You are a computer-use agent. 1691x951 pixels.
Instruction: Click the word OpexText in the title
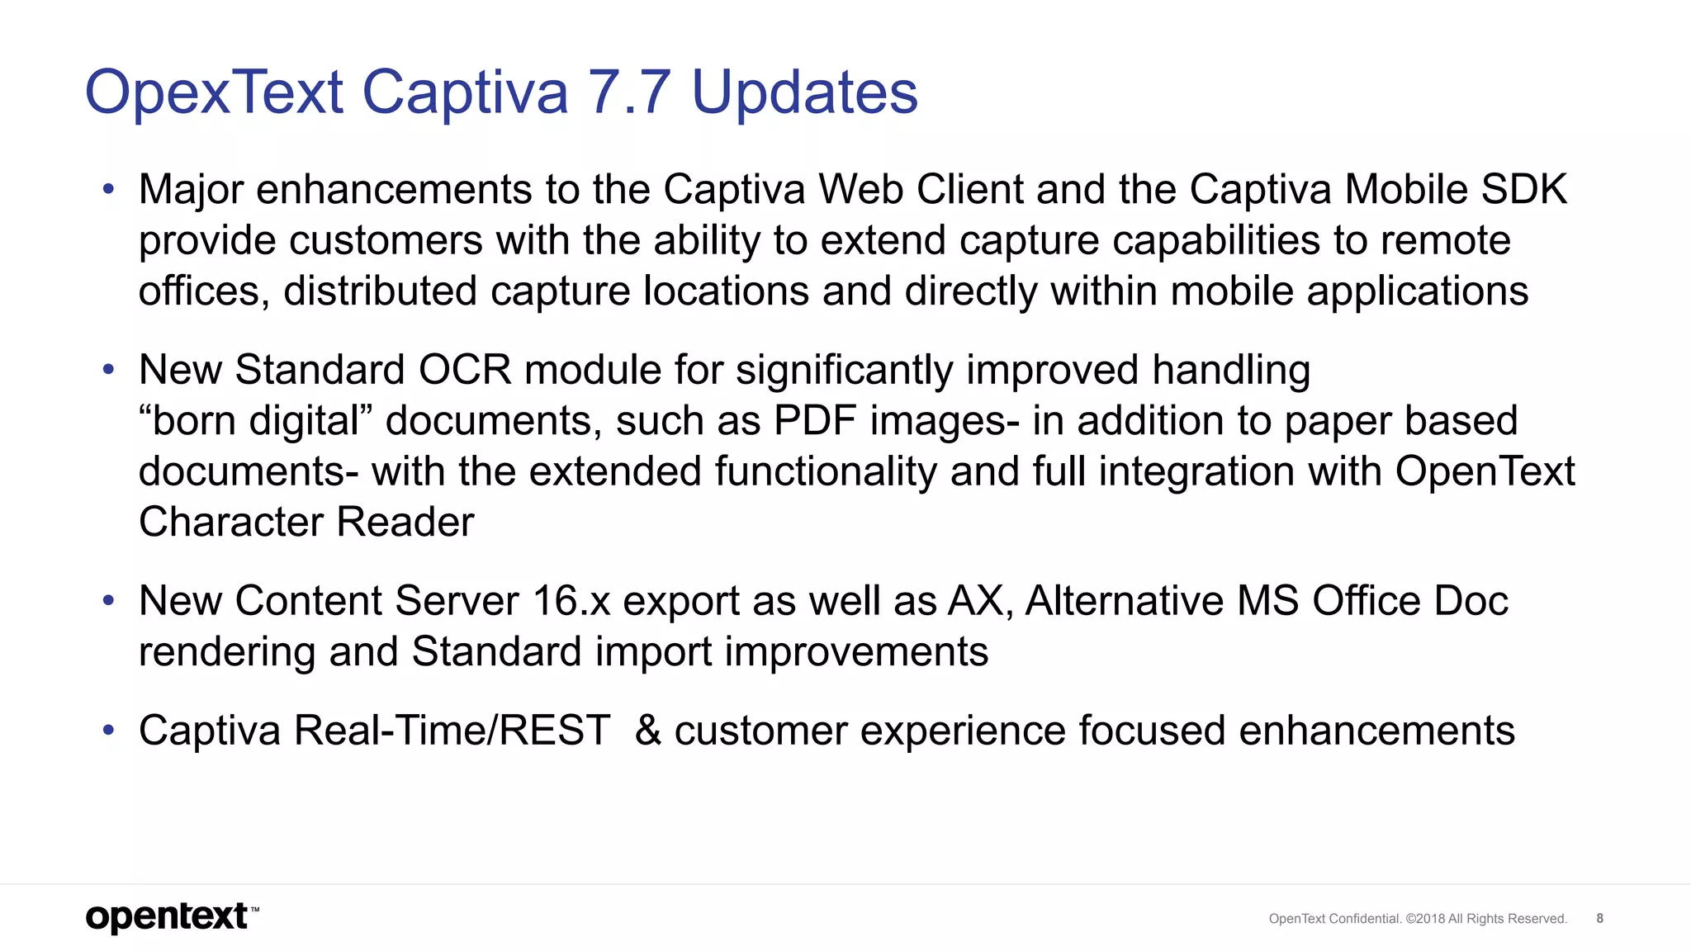(214, 92)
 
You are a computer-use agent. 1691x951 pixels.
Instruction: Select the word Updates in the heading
(804, 92)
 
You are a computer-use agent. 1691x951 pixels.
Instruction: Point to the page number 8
(1599, 918)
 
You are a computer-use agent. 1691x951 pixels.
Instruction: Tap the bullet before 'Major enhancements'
(108, 190)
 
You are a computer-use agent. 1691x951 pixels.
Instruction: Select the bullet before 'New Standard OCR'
(108, 370)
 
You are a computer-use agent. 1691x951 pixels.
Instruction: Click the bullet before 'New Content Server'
(108, 601)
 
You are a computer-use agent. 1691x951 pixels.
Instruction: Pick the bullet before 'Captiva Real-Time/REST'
(108, 731)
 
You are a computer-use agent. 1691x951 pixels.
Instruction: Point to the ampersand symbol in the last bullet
(648, 731)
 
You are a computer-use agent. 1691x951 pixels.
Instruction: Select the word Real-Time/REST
(452, 731)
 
